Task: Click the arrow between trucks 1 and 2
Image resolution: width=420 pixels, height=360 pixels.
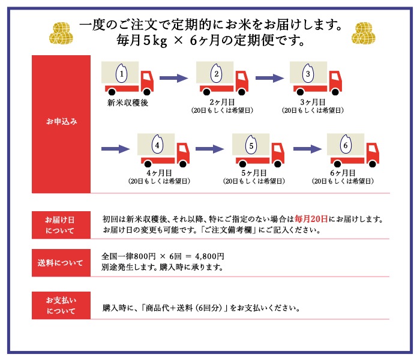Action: pyautogui.click(x=173, y=78)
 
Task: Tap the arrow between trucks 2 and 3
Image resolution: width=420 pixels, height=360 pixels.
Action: pyautogui.click(x=268, y=78)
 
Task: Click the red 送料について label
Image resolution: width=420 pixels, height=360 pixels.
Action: pyautogui.click(x=61, y=262)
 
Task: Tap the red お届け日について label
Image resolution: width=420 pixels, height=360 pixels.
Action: pyautogui.click(x=61, y=223)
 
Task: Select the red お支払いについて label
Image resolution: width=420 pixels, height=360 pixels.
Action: pyautogui.click(x=61, y=305)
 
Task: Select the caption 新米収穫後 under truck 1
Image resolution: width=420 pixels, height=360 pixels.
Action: pyautogui.click(x=127, y=103)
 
